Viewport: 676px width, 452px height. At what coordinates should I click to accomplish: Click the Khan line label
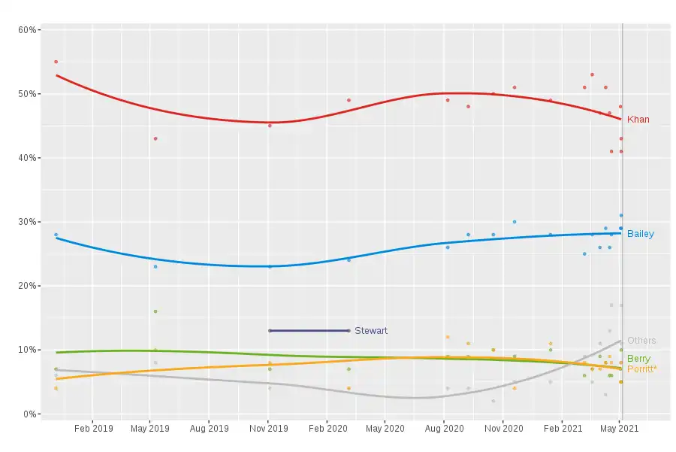(x=638, y=120)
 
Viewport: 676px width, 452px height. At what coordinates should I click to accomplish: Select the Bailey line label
(x=640, y=234)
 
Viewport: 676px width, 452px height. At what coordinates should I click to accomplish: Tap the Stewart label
(x=371, y=331)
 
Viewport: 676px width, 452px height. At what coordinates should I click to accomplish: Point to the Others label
(x=641, y=341)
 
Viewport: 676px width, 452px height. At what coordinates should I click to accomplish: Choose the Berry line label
(x=638, y=359)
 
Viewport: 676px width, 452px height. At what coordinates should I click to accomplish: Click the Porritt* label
(x=641, y=369)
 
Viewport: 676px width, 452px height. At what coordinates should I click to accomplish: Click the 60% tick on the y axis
(x=28, y=30)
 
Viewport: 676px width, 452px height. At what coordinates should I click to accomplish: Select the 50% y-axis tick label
(x=28, y=94)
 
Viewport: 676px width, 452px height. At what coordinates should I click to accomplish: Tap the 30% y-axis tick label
(x=28, y=222)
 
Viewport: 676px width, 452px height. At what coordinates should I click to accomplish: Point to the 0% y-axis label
(x=30, y=414)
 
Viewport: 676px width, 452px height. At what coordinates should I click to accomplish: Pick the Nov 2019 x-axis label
(x=268, y=429)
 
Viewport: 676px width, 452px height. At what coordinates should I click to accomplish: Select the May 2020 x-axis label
(x=385, y=429)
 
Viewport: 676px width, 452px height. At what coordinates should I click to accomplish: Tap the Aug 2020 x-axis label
(x=443, y=429)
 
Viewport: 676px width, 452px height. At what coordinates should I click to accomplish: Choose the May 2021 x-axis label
(x=620, y=429)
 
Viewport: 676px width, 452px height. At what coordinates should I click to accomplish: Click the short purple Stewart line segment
(x=309, y=330)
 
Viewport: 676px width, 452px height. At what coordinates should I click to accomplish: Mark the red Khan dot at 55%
(x=56, y=62)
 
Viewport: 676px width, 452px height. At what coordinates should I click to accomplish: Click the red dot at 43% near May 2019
(x=155, y=138)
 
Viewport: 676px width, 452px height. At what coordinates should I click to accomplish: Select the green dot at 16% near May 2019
(x=155, y=311)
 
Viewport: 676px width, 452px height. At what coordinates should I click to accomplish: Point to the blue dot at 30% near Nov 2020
(x=515, y=222)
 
